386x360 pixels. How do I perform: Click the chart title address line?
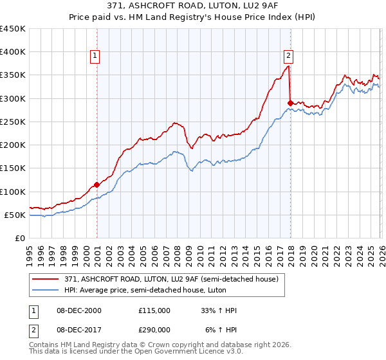(x=193, y=6)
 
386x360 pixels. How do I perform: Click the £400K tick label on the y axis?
(x=13, y=52)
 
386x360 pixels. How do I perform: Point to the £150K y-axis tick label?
(x=13, y=168)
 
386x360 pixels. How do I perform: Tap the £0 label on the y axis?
(x=20, y=238)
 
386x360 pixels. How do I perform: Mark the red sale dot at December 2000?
(x=96, y=184)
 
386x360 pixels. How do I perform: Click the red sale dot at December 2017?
(x=290, y=103)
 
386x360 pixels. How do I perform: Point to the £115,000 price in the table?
(x=154, y=310)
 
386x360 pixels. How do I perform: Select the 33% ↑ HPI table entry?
(x=219, y=310)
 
